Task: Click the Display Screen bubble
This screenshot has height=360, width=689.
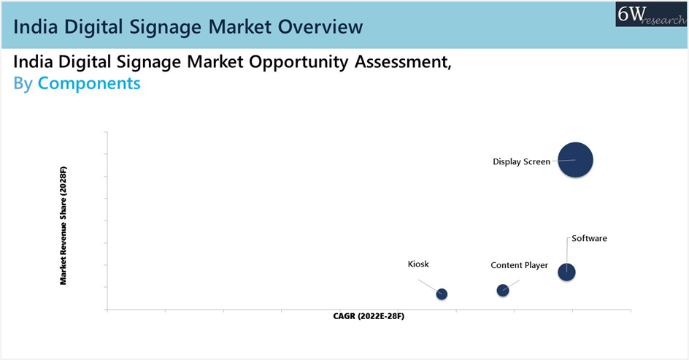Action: pyautogui.click(x=575, y=160)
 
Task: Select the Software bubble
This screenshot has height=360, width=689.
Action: pyautogui.click(x=566, y=272)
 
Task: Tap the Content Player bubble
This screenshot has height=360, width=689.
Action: pyautogui.click(x=503, y=290)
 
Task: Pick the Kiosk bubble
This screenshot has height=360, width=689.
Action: pyautogui.click(x=442, y=294)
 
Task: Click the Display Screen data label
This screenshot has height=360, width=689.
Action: pyautogui.click(x=521, y=162)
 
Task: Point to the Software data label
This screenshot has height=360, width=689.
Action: pyautogui.click(x=589, y=238)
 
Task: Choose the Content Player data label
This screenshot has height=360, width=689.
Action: pyautogui.click(x=520, y=266)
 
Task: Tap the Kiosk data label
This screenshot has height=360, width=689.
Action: pyautogui.click(x=418, y=264)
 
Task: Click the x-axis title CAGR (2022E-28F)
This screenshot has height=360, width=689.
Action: pyautogui.click(x=369, y=316)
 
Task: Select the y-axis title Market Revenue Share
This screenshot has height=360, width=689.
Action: pyautogui.click(x=63, y=226)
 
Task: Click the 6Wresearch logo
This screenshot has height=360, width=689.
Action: pyautogui.click(x=651, y=14)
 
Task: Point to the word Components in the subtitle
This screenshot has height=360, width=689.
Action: pyautogui.click(x=89, y=83)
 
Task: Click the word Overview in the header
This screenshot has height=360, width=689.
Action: pyautogui.click(x=320, y=27)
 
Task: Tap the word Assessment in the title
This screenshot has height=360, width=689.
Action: pyautogui.click(x=404, y=62)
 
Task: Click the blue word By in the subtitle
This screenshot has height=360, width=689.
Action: pyautogui.click(x=23, y=83)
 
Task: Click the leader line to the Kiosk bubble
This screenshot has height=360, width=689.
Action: pyautogui.click(x=429, y=286)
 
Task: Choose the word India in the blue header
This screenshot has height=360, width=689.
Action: pyautogui.click(x=36, y=27)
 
